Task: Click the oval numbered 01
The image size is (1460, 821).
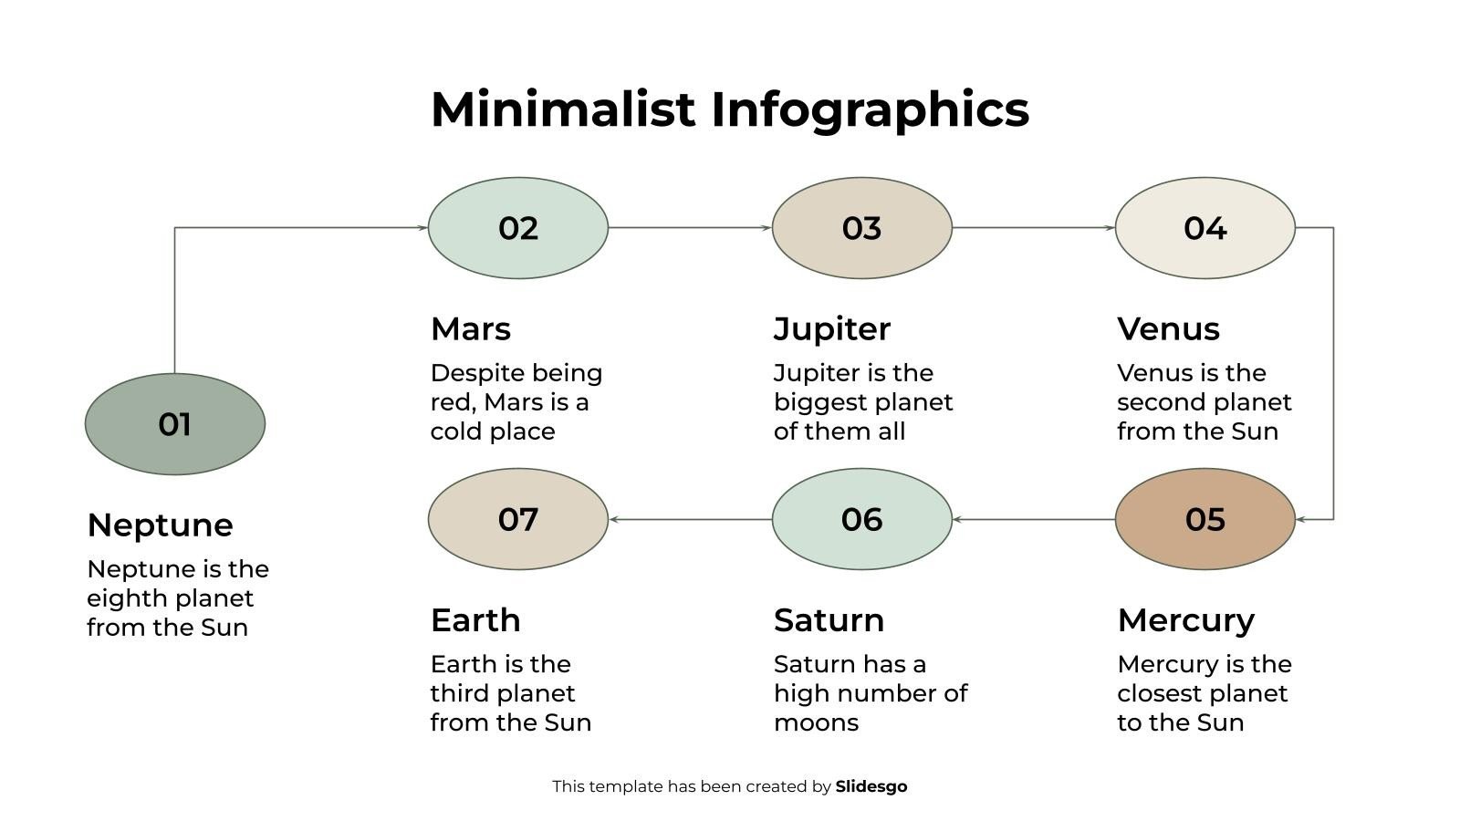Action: point(174,424)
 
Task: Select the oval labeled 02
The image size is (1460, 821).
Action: point(517,228)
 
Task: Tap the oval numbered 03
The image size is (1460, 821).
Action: point(861,228)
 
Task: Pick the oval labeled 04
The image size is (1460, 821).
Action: point(1204,228)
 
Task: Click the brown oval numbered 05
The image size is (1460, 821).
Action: point(1204,519)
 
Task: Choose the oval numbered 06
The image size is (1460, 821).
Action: point(861,519)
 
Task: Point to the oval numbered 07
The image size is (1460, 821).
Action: point(517,519)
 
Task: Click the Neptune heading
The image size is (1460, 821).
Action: point(160,525)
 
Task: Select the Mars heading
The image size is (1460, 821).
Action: point(470,328)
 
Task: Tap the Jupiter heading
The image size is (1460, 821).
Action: point(831,328)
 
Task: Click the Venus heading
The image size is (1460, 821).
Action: point(1168,328)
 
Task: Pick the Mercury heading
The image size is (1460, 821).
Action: point(1185,620)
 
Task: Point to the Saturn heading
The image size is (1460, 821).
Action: point(829,620)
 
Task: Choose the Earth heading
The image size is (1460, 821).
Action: point(475,620)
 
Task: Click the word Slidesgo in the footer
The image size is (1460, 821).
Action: point(871,786)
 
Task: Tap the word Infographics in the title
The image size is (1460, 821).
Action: point(870,109)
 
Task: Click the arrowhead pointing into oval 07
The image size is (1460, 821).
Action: point(615,519)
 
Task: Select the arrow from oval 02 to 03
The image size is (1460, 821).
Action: point(689,228)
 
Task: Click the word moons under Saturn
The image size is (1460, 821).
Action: point(816,722)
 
